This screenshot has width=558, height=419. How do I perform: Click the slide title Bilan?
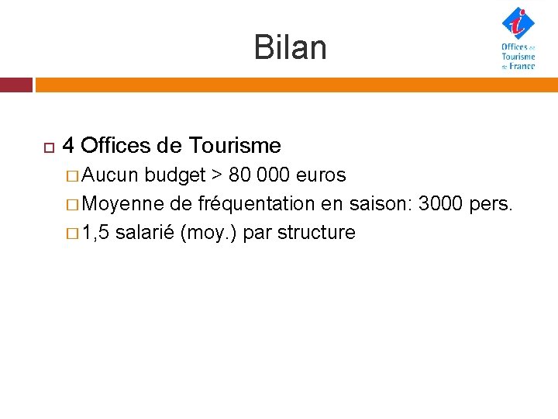[x=290, y=48]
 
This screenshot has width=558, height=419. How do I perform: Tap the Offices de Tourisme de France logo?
[x=518, y=39]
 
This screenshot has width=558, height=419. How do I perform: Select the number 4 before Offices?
[x=68, y=145]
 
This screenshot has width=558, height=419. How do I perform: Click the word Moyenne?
[x=122, y=204]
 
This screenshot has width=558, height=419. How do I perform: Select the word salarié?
[x=145, y=233]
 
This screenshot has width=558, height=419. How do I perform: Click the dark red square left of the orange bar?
[x=15, y=84]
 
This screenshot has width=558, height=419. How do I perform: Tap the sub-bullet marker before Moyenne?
[x=73, y=205]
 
